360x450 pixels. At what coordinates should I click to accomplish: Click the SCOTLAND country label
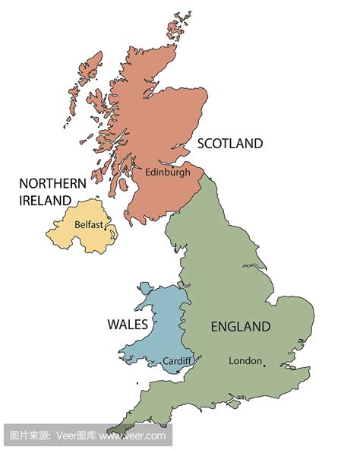230,143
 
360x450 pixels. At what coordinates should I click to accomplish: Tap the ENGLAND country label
240,327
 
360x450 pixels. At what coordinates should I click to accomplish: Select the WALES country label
128,325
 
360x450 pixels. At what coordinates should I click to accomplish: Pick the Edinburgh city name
167,172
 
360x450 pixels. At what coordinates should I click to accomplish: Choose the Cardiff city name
177,360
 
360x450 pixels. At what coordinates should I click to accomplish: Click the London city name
245,361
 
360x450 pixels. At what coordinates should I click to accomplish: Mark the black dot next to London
264,366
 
